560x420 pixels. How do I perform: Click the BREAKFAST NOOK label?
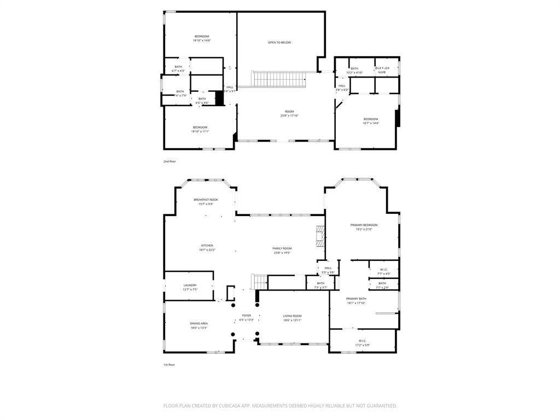(206, 200)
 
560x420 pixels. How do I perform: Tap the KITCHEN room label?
(207, 246)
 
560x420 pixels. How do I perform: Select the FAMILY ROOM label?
(282, 248)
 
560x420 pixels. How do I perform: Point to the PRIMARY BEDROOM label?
(364, 225)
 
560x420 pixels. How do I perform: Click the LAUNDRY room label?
(190, 285)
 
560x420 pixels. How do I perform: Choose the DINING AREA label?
(199, 323)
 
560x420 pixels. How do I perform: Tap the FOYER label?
(247, 316)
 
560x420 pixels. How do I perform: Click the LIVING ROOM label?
(292, 316)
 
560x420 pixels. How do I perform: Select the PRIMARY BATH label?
(355, 299)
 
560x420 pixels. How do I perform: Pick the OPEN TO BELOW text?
(279, 42)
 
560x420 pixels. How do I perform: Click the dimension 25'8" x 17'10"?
(289, 115)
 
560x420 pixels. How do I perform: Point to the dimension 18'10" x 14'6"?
(201, 40)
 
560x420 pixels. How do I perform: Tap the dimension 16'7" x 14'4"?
(371, 123)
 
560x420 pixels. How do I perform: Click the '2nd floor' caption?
(170, 161)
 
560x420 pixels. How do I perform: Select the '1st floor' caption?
(169, 364)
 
